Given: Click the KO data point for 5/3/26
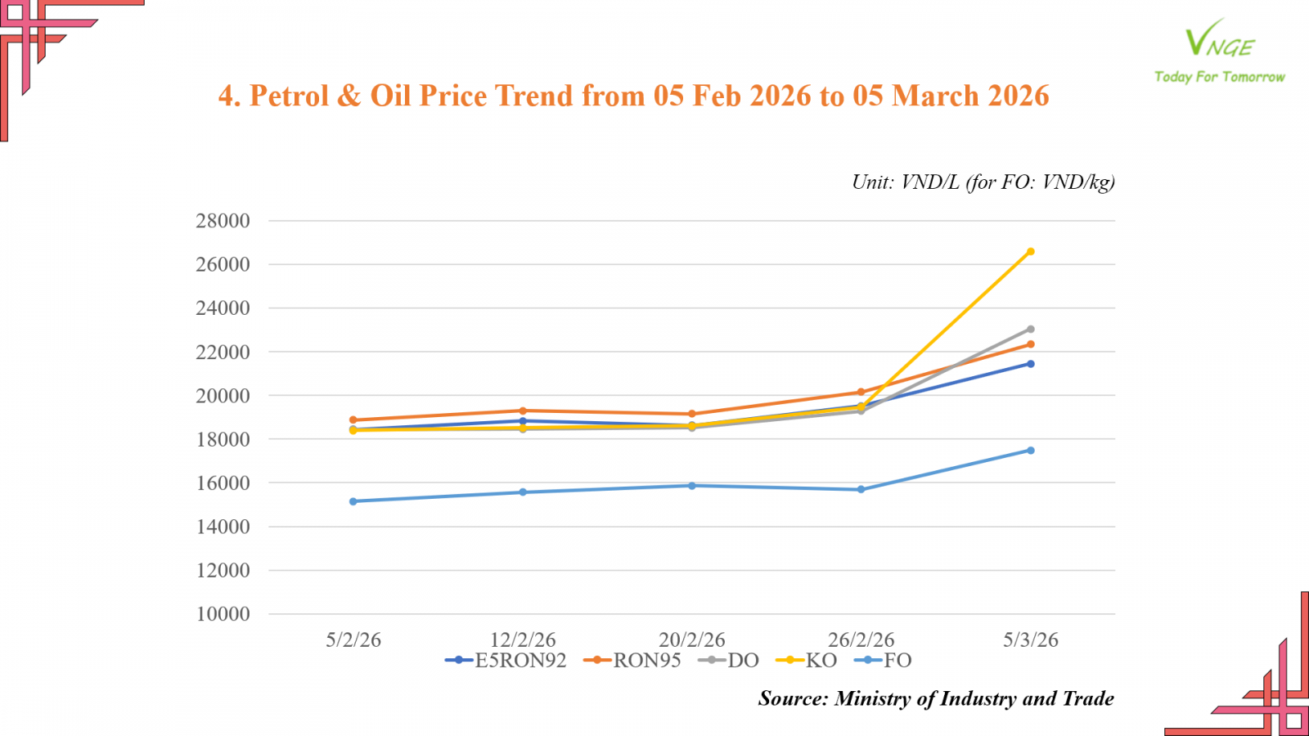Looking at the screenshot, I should [1030, 252].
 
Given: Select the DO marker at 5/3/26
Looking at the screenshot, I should [1030, 330].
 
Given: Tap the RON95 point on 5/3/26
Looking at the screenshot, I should [1030, 344].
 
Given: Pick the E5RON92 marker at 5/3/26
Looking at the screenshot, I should [1030, 364].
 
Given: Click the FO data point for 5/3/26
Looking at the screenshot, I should [1030, 451].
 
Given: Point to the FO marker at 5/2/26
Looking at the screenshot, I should [353, 501].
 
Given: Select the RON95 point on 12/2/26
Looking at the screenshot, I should [523, 411].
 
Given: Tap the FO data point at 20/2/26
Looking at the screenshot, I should [692, 486].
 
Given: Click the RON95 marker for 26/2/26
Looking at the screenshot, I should [861, 393].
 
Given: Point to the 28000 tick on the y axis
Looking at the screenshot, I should [223, 221].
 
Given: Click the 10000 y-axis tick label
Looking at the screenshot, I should [223, 614].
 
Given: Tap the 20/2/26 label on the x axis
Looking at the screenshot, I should [692, 640].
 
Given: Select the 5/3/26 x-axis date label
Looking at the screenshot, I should [1030, 640].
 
